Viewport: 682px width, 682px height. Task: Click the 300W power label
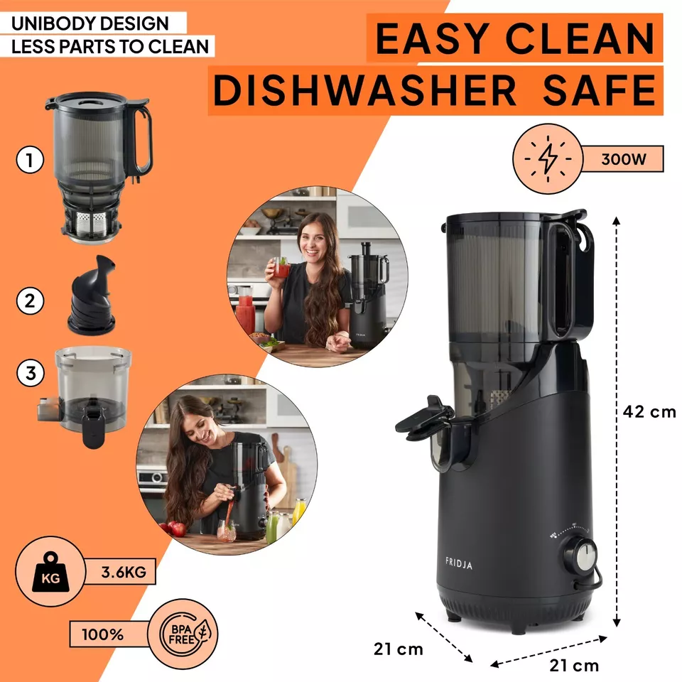click(623, 159)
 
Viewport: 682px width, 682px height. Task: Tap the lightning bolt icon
click(547, 158)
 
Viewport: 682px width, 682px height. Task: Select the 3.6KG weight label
click(124, 572)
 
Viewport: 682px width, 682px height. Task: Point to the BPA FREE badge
click(183, 634)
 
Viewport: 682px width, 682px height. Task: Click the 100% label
click(102, 634)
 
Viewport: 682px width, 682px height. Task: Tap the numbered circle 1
click(30, 160)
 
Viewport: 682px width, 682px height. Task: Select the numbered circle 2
click(30, 301)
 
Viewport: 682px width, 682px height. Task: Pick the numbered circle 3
click(31, 373)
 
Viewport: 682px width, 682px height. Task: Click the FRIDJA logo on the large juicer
click(458, 563)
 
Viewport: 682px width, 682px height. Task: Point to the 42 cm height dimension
click(649, 411)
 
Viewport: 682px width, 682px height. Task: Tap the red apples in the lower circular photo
click(173, 529)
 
